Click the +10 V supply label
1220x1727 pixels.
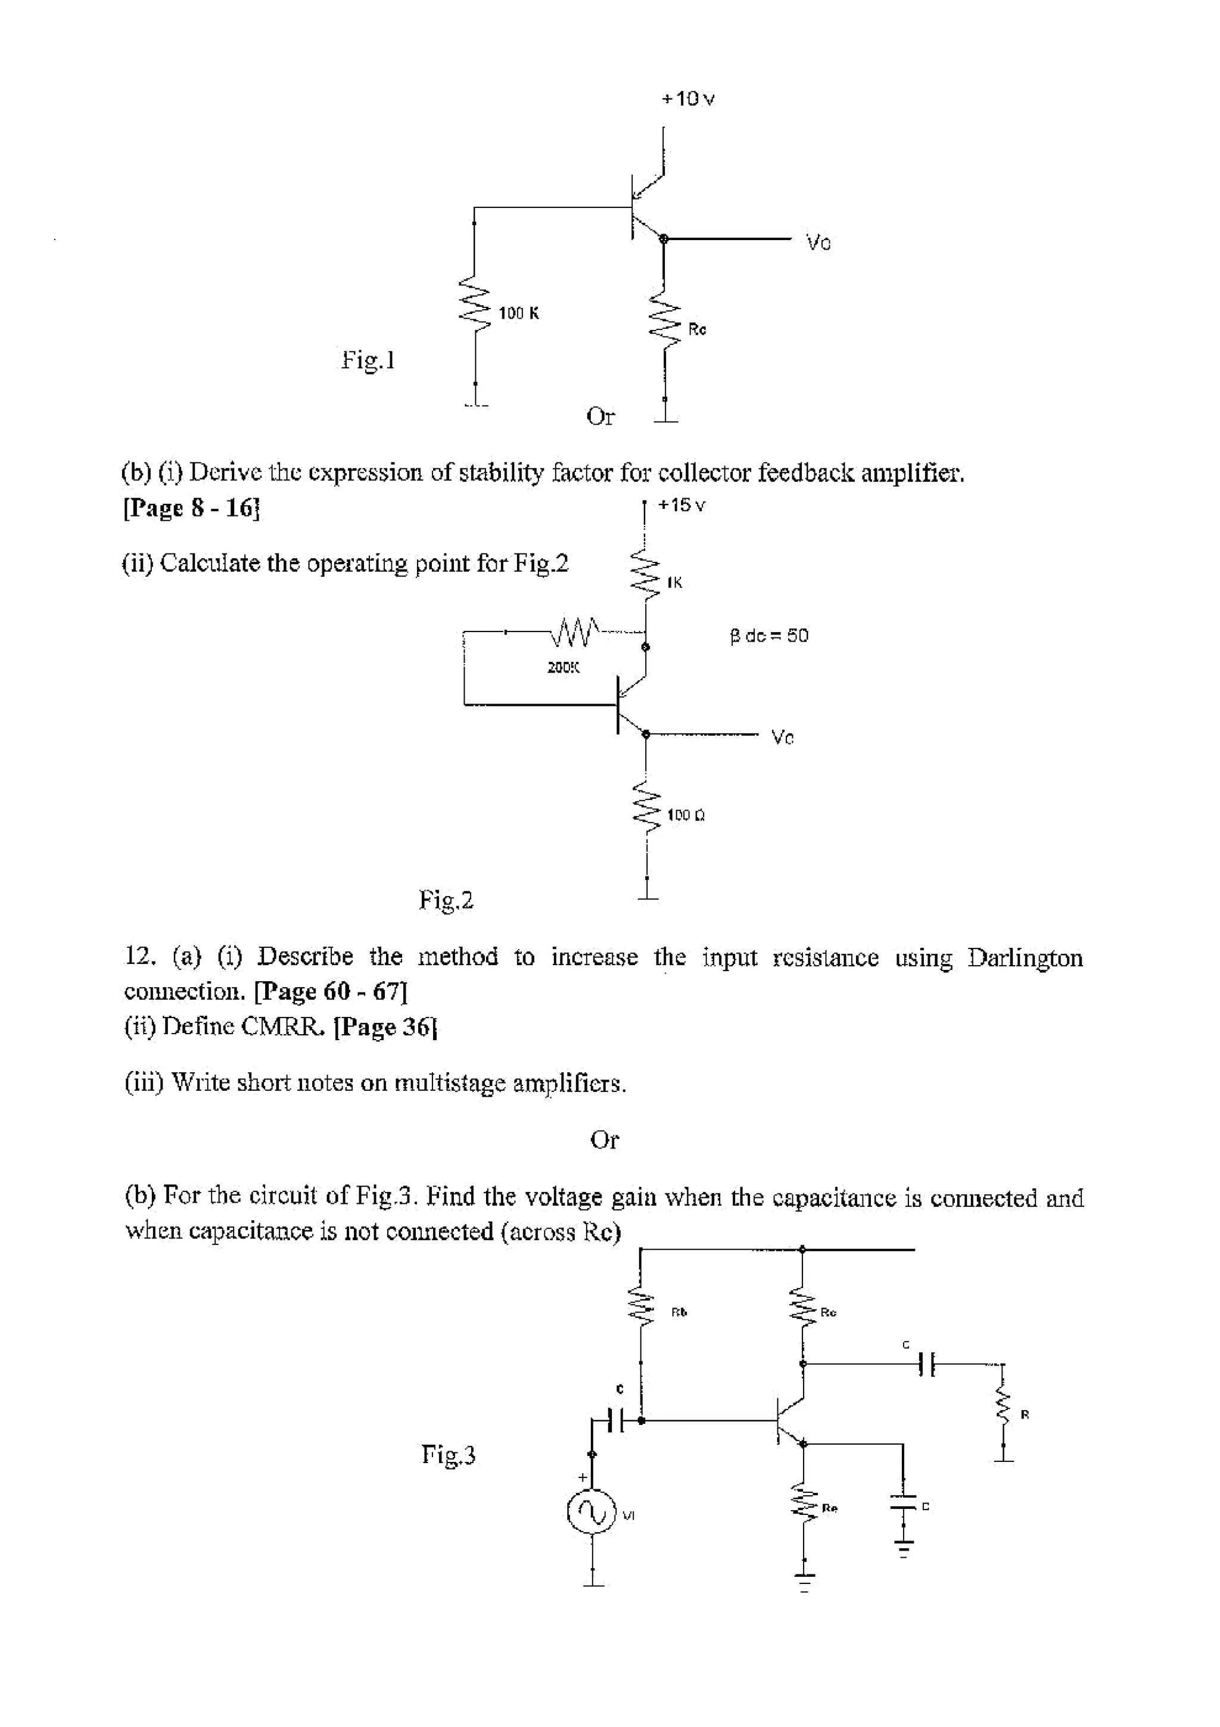[x=687, y=98]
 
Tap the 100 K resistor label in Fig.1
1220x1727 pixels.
[x=519, y=313]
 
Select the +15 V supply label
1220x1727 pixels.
[x=681, y=505]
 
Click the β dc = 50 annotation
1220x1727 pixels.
[x=768, y=636]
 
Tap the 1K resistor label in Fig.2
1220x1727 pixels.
[x=675, y=582]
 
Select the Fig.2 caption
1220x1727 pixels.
[x=446, y=900]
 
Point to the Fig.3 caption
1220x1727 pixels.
[x=449, y=1455]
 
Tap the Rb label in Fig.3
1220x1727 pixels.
[x=679, y=1312]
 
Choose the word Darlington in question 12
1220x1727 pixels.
[x=1025, y=957]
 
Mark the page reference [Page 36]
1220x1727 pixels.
[x=385, y=1026]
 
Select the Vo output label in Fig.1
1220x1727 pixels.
[x=818, y=242]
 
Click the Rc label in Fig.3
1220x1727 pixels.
[x=828, y=1312]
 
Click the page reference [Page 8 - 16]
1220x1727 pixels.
[x=191, y=508]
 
